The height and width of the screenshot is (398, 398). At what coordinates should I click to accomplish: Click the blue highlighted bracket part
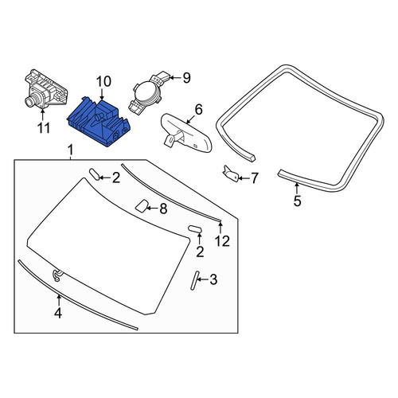98,122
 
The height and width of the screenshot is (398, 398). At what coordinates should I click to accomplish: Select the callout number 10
103,82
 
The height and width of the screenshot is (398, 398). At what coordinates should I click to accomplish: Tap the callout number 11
44,128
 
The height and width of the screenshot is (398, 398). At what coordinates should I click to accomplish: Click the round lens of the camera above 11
29,101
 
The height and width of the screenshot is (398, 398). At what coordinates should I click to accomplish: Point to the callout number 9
186,78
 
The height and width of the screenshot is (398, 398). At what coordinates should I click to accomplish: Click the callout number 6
198,109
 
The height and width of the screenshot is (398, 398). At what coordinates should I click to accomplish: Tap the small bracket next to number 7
230,174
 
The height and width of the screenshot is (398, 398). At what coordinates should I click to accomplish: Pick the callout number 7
255,178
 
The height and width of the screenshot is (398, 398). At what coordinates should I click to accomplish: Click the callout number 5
297,201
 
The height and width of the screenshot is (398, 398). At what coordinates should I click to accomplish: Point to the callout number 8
163,209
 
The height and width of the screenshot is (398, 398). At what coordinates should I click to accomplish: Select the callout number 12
222,241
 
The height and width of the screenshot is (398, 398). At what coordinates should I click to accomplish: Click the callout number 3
213,279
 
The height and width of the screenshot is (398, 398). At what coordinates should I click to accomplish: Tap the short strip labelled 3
195,281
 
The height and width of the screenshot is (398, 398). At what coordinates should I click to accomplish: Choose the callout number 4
58,313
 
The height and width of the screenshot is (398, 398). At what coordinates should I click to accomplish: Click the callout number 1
70,150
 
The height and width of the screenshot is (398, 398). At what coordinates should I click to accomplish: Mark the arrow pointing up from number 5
297,188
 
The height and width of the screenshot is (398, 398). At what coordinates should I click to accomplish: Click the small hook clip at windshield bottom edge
57,275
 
